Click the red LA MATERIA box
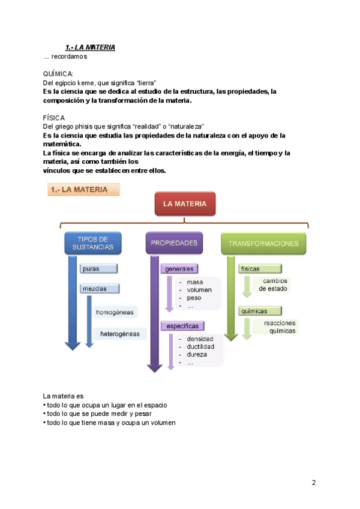click(185, 204)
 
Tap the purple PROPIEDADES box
click(174, 243)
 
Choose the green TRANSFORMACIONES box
click(263, 243)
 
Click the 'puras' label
click(98, 268)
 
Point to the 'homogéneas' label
click(115, 312)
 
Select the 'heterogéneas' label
click(120, 334)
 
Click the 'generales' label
click(180, 269)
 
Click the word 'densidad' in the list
click(200, 339)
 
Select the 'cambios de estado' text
click(273, 285)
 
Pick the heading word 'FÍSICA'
click(54, 118)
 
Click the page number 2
click(313, 483)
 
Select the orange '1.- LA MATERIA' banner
click(83, 190)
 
